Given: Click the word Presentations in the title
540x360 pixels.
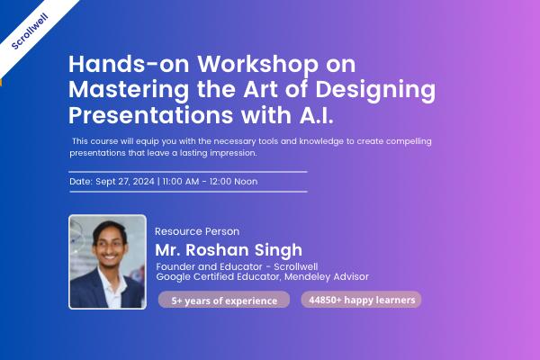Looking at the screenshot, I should tap(148, 117).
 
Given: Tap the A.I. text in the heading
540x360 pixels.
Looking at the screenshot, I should tap(318, 117).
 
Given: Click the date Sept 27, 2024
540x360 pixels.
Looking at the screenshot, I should tap(124, 181).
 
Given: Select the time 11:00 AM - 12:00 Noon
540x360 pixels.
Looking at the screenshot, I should tap(210, 181).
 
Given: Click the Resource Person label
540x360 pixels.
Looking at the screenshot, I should tap(197, 231).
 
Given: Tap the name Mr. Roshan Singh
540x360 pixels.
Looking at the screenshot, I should tap(229, 250).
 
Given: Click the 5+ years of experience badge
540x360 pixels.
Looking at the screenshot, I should tap(223, 301).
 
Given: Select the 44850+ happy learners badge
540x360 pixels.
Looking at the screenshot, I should tap(361, 300).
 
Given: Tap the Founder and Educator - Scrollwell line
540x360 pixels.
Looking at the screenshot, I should tap(238, 266).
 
